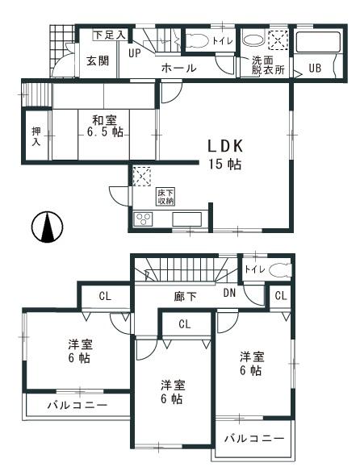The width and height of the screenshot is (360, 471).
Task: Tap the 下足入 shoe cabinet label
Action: (x=108, y=35)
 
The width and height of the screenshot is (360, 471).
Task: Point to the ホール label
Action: (x=179, y=69)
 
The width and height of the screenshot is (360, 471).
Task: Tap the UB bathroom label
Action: (x=314, y=68)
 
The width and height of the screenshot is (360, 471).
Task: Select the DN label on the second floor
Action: (x=229, y=296)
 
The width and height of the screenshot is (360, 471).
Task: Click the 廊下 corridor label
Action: (x=186, y=297)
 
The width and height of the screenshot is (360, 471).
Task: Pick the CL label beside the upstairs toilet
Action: (x=280, y=296)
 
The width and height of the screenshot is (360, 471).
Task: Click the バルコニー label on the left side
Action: (x=77, y=404)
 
